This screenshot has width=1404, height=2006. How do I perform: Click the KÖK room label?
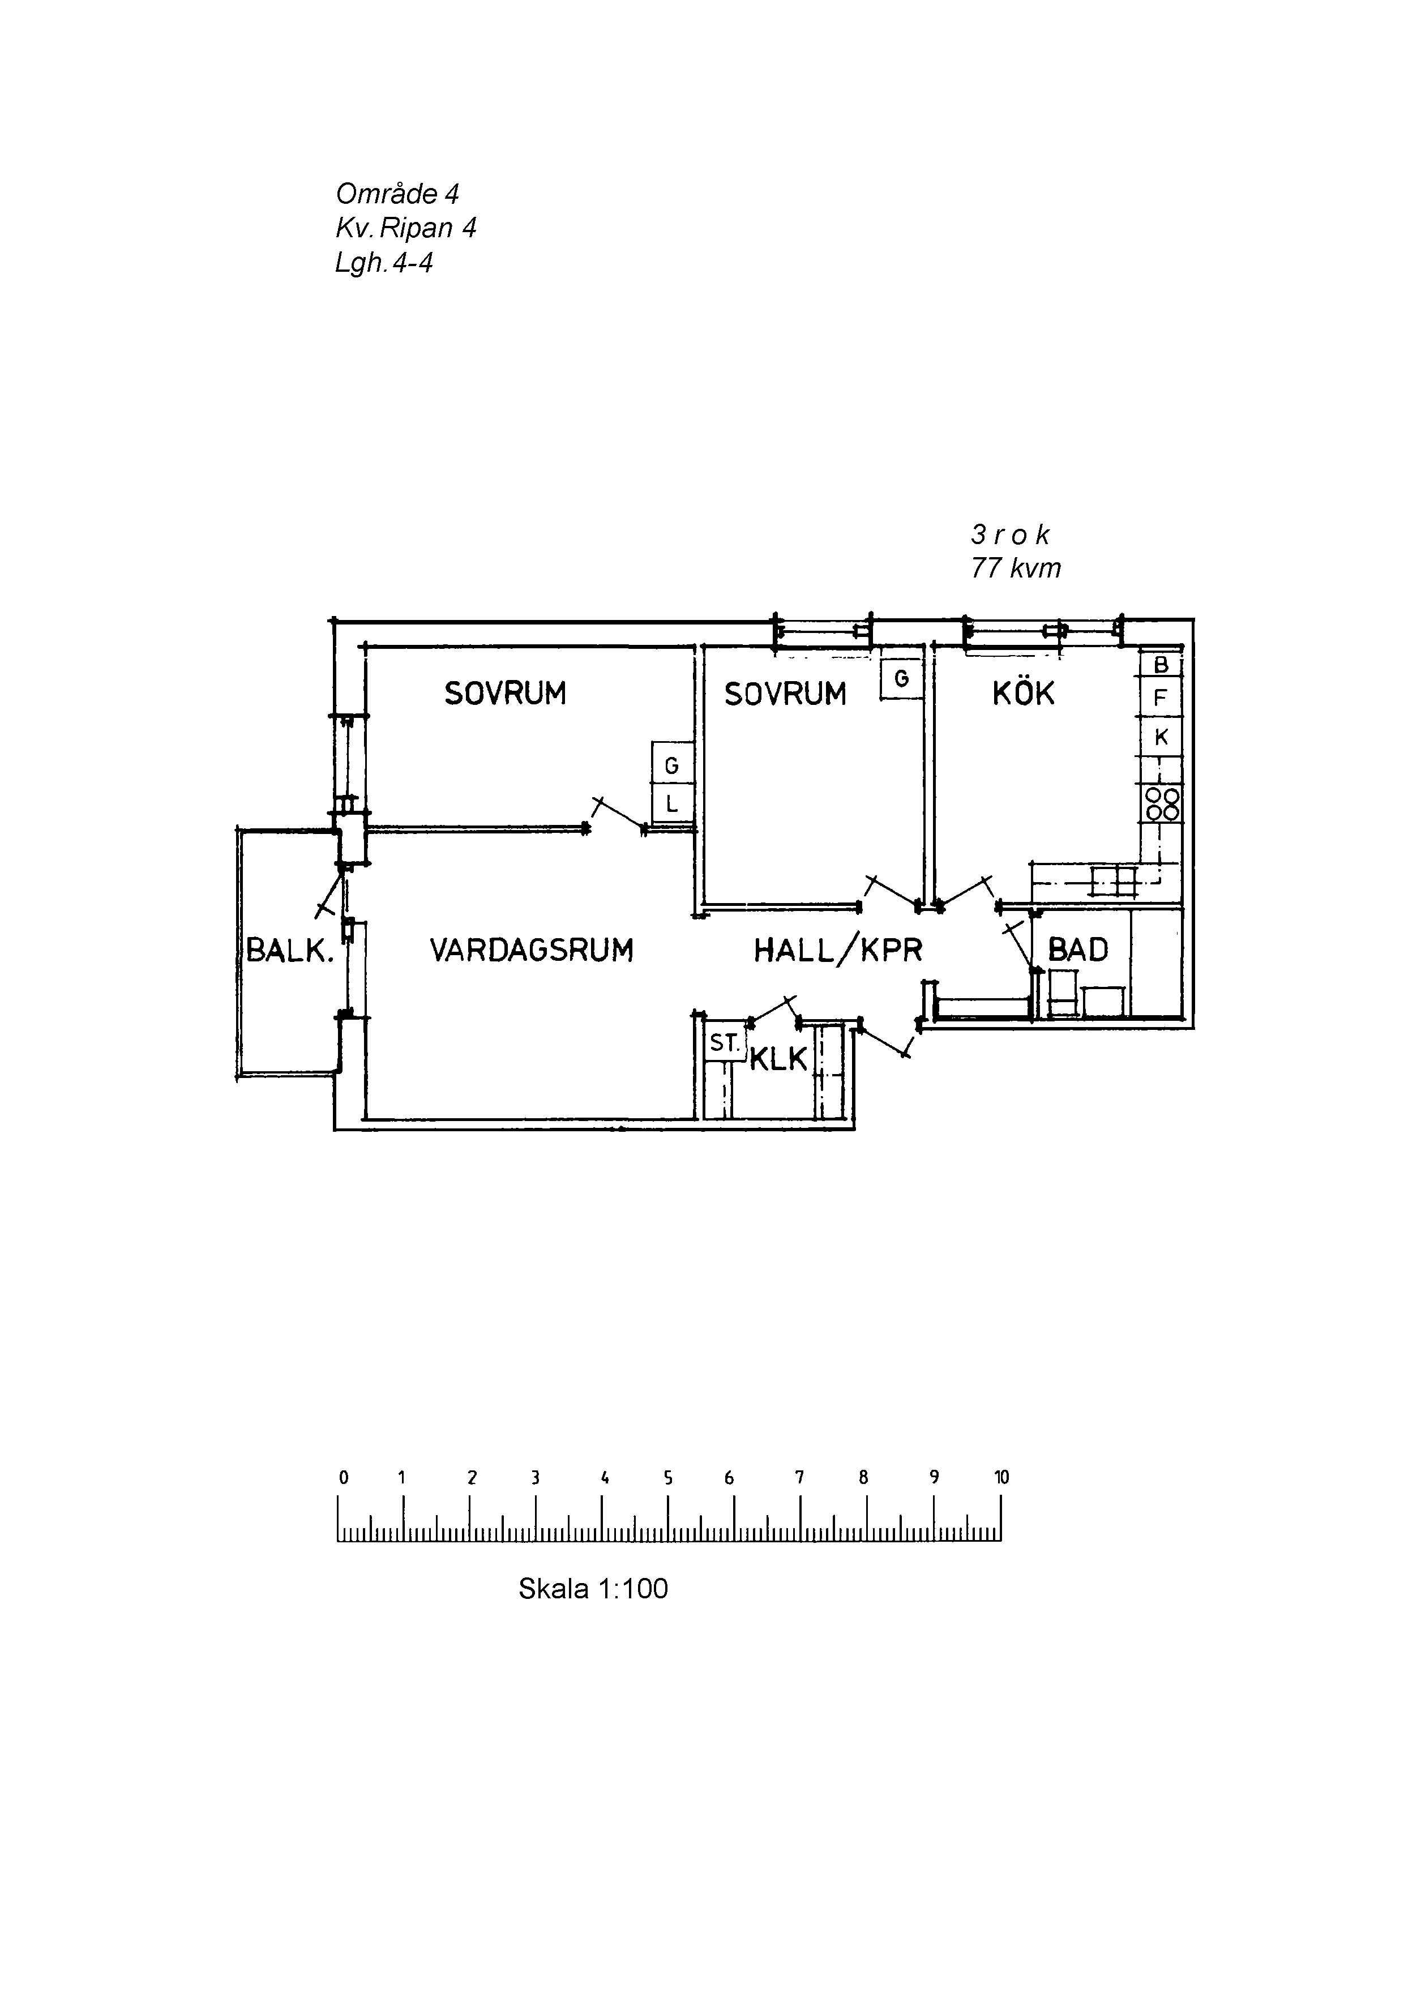click(x=1023, y=694)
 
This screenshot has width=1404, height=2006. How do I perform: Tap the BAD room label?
click(x=1077, y=949)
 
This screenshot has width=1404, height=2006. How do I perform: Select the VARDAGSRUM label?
click(x=531, y=949)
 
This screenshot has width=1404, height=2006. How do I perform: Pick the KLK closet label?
click(x=778, y=1059)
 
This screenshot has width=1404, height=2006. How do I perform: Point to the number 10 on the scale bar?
click(x=1001, y=1477)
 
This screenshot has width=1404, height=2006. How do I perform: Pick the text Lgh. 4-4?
click(x=383, y=263)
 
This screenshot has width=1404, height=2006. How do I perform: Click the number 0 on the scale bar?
click(x=343, y=1477)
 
